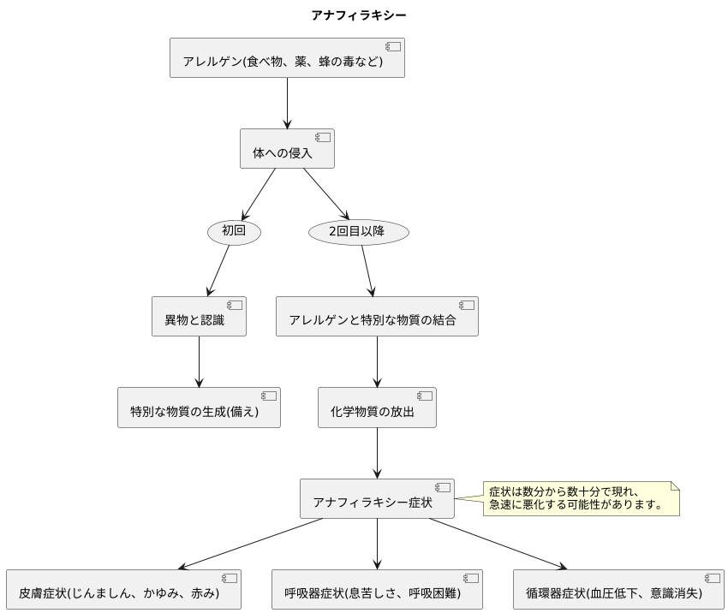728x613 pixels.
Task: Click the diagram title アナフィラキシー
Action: pos(359,15)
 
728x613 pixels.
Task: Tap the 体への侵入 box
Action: pos(287,149)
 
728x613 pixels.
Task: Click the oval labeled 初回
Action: pos(234,231)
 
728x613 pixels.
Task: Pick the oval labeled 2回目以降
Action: pos(358,231)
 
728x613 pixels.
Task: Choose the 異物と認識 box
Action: pos(199,317)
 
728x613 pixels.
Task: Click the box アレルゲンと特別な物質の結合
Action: pos(377,317)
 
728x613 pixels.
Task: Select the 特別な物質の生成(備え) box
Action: pos(199,408)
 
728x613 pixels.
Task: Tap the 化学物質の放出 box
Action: pos(377,408)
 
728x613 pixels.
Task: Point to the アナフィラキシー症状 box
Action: pos(377,498)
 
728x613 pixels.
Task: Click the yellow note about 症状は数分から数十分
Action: pos(581,498)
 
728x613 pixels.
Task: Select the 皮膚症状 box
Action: pos(123,589)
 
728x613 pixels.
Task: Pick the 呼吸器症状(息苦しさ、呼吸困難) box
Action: pos(377,589)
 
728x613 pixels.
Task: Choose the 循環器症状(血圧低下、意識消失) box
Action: pos(618,589)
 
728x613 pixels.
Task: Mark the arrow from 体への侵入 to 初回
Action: pos(260,193)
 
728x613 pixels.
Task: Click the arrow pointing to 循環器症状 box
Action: pos(497,543)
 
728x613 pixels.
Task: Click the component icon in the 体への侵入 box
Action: pos(323,138)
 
